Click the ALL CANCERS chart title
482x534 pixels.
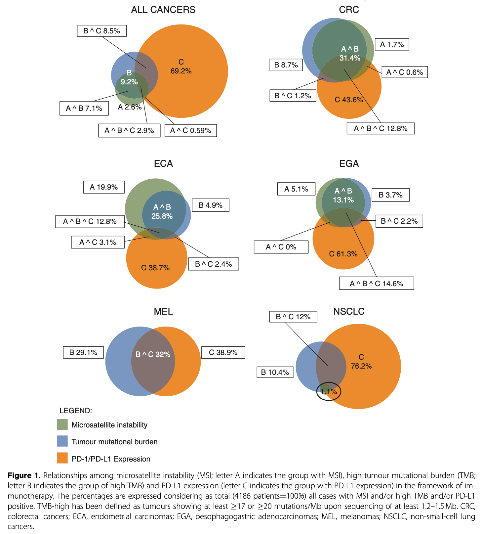(163, 10)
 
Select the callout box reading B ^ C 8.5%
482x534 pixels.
(101, 31)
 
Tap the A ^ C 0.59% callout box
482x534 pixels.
(190, 131)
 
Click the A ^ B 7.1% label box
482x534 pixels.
(84, 109)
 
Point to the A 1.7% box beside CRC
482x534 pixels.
(392, 44)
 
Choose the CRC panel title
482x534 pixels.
(349, 10)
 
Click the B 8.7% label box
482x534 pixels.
(286, 65)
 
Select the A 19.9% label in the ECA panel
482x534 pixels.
(104, 187)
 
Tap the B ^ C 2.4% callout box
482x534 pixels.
(213, 264)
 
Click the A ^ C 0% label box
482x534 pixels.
(281, 247)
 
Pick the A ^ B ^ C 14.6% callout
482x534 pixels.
(376, 284)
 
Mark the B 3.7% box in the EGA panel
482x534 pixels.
(390, 195)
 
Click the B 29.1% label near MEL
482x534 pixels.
(83, 352)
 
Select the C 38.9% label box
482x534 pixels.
(223, 352)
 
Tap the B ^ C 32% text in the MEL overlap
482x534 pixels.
(153, 354)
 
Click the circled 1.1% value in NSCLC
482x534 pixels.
(329, 391)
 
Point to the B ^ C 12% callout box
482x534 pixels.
(293, 317)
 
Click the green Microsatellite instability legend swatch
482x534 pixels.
(62, 424)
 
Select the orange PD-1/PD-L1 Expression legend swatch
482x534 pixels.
(62, 459)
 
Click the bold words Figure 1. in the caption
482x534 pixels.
(24, 475)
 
